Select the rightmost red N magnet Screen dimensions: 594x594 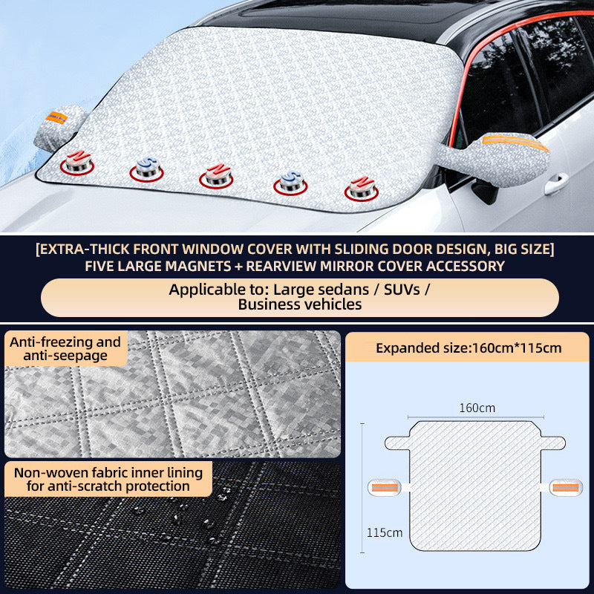pyautogui.click(x=361, y=186)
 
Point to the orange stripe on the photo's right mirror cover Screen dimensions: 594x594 pyautogui.click(x=515, y=141)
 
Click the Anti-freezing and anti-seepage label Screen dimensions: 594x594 pyautogui.click(x=65, y=349)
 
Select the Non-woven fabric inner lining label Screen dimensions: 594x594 pyautogui.click(x=107, y=479)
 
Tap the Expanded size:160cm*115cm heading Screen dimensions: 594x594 pyautogui.click(x=469, y=347)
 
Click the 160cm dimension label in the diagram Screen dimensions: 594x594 pyautogui.click(x=477, y=408)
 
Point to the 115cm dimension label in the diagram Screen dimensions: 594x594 pyautogui.click(x=385, y=532)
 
